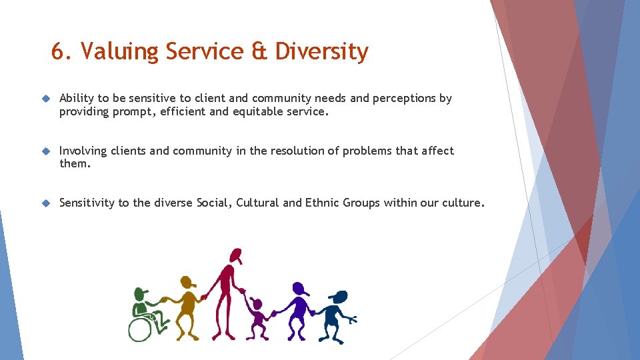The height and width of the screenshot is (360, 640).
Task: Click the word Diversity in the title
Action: click(321, 52)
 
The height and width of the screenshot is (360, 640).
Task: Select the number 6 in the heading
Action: click(58, 51)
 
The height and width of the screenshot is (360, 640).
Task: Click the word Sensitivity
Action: click(87, 203)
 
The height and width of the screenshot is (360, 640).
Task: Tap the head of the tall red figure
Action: click(235, 255)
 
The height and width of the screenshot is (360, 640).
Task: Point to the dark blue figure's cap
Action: click(339, 295)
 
